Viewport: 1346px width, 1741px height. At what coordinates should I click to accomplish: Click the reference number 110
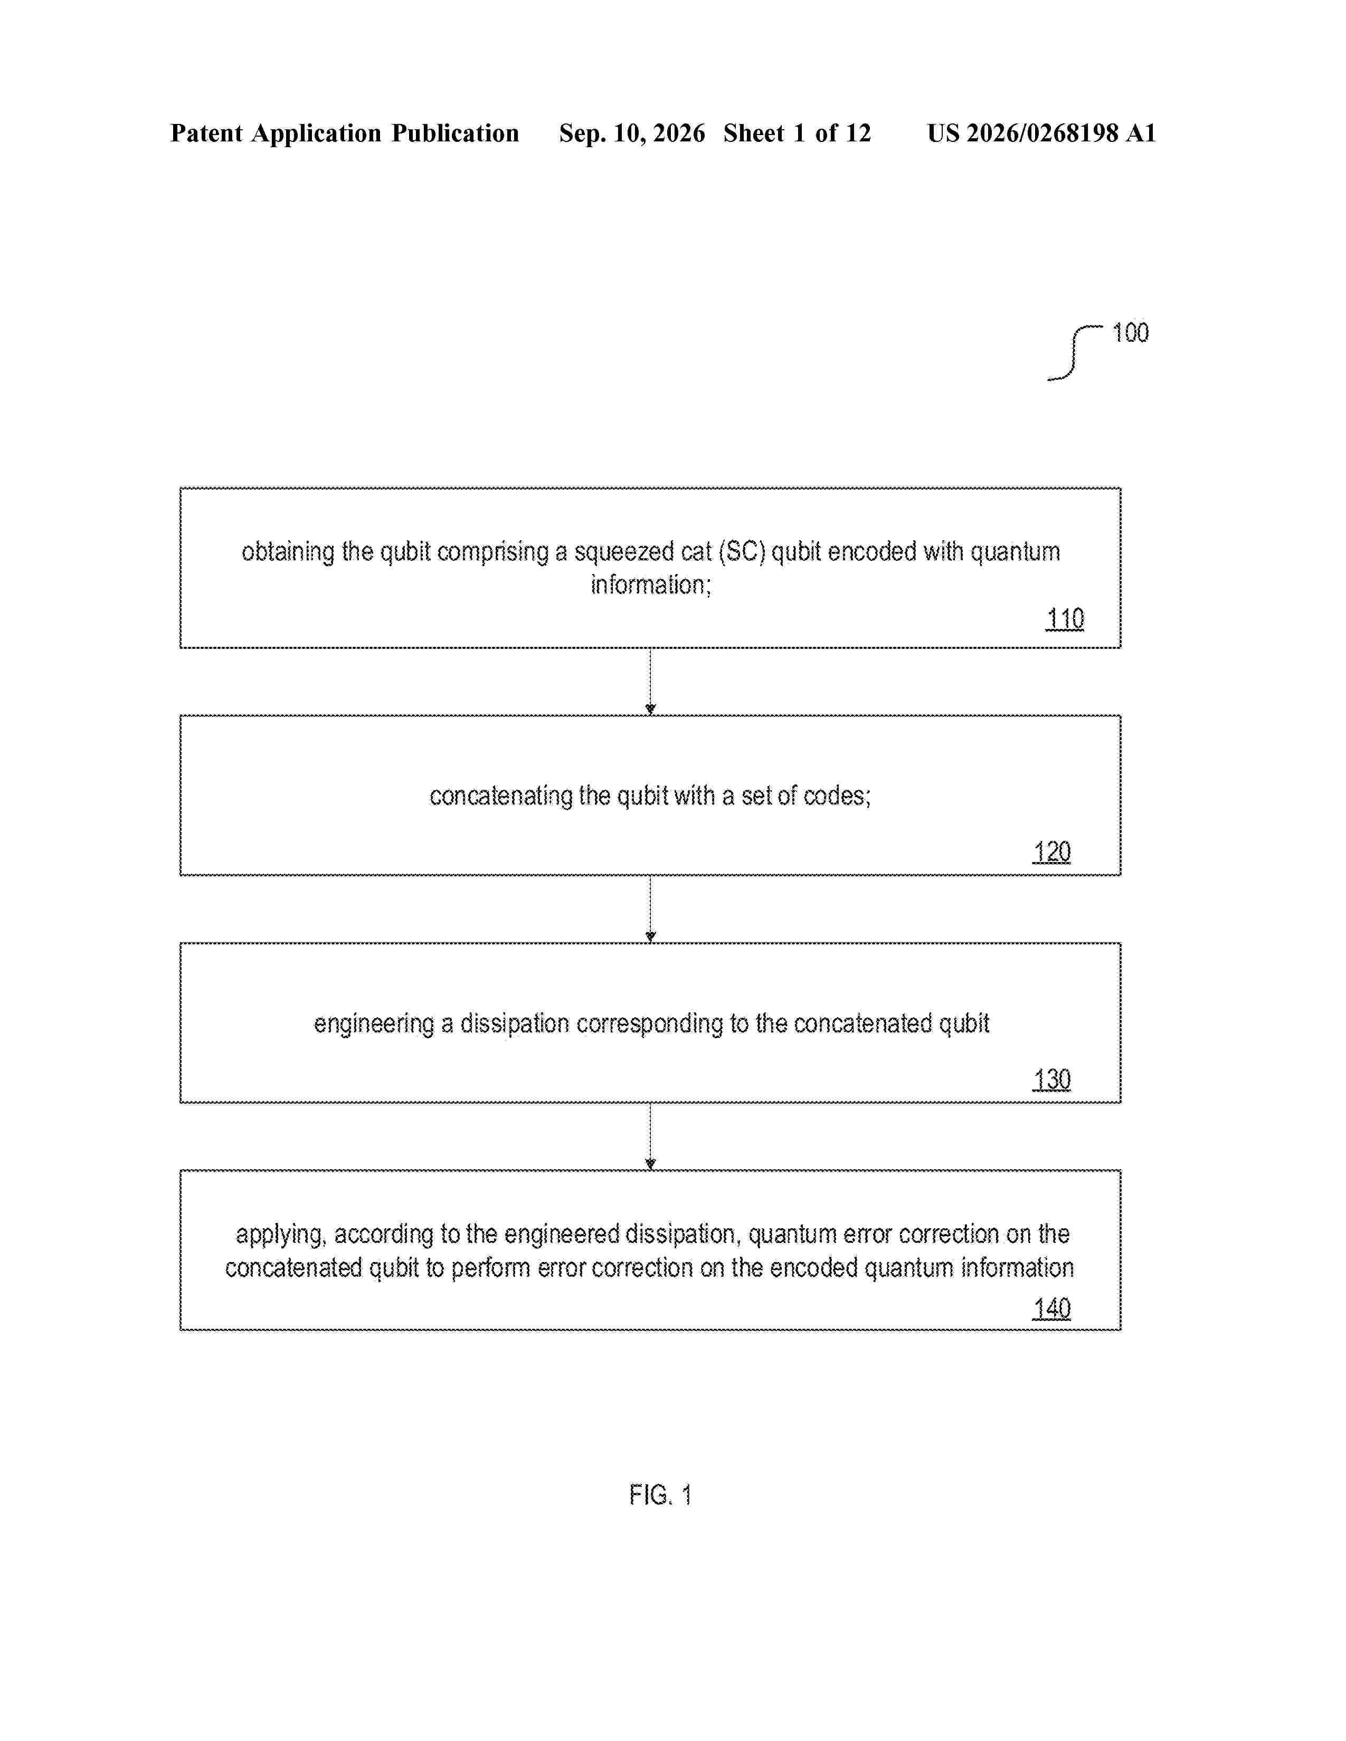point(1065,619)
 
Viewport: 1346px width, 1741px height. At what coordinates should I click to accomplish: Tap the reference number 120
point(1052,852)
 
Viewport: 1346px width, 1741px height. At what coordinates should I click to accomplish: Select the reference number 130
point(1052,1079)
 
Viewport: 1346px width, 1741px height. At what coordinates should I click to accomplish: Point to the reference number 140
point(1052,1308)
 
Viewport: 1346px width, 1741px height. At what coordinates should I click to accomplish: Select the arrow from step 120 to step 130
point(651,909)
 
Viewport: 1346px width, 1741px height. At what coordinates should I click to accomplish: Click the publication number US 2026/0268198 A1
point(1041,133)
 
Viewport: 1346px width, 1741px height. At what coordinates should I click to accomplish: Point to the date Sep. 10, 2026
point(632,133)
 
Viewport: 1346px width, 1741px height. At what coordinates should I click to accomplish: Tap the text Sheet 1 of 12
point(798,133)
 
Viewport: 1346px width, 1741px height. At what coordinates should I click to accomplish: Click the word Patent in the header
point(206,133)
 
